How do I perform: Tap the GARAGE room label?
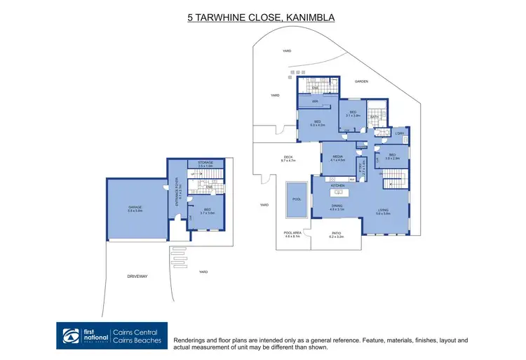[x=135, y=208]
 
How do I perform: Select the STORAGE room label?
[x=205, y=163]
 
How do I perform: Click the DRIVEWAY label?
[x=137, y=276]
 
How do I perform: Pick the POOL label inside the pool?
[x=296, y=199]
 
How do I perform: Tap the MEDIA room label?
[x=338, y=156]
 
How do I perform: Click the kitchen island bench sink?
[x=337, y=190]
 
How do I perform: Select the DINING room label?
[x=337, y=206]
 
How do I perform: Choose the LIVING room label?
[x=383, y=209]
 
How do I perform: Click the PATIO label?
[x=337, y=234]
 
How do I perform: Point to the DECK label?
[x=288, y=158]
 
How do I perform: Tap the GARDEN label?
[x=361, y=81]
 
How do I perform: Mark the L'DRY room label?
[x=399, y=133]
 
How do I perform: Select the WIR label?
[x=316, y=102]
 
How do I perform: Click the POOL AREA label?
[x=292, y=234]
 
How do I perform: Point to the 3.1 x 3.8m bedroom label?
[x=353, y=113]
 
